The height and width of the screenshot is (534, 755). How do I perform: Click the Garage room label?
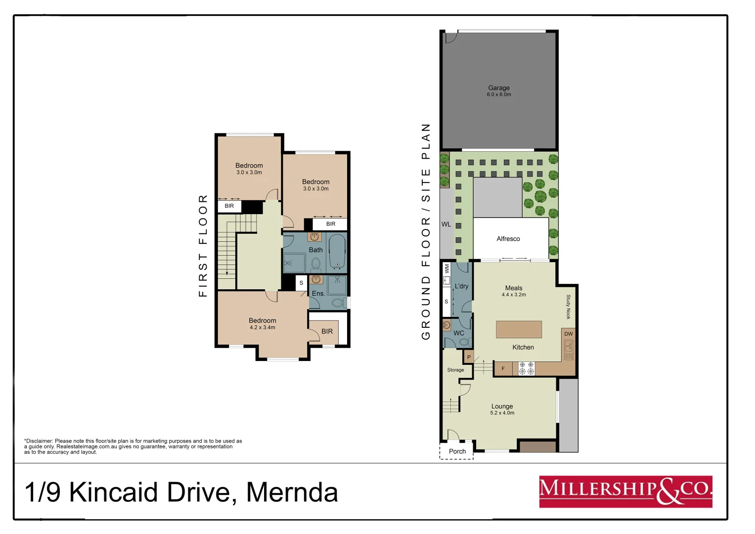coord(498,88)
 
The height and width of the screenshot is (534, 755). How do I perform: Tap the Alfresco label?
coord(508,239)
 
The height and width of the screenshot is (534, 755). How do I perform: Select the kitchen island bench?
coord(519,329)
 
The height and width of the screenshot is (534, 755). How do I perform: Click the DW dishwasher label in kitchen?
coord(569,334)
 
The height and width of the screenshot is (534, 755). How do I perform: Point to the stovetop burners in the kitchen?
coord(526,368)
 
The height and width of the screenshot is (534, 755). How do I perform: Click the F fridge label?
coord(503,369)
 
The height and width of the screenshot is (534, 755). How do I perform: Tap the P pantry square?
coord(469,357)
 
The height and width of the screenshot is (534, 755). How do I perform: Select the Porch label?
coord(457,451)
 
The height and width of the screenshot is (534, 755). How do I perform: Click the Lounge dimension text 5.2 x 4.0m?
coord(502,413)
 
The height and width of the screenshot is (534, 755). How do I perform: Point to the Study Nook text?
coord(568,307)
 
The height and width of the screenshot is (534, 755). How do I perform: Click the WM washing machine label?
coord(447,268)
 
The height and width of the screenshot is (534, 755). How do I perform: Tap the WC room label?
coord(458,333)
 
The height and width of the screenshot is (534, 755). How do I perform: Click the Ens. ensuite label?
coord(318,294)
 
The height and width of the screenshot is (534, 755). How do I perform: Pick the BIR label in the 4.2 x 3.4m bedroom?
coord(327,331)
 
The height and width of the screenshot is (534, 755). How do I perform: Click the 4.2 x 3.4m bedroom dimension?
coord(262,328)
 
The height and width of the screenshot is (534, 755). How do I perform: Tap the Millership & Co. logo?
coord(625,491)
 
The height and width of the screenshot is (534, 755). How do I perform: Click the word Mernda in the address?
coord(292,492)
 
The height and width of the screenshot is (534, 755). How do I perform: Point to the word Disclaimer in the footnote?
coord(39,441)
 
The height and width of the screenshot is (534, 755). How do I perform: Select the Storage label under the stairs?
coord(455,370)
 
